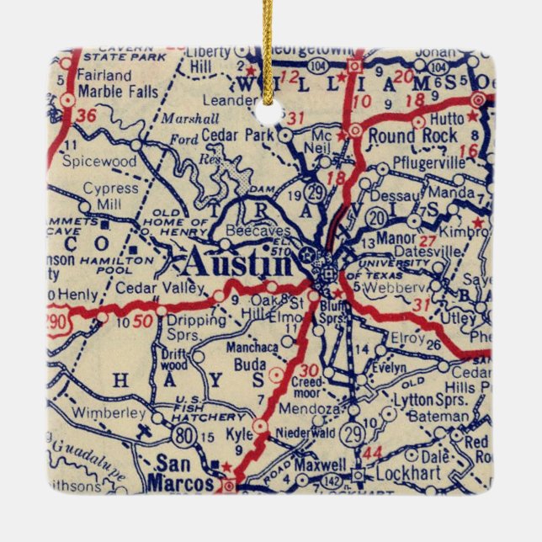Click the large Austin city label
pyautogui.click(x=238, y=263)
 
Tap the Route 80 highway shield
pyautogui.click(x=182, y=434)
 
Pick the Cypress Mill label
pyautogui.click(x=110, y=196)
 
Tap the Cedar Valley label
pyautogui.click(x=160, y=288)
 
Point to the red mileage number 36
pyautogui.click(x=86, y=117)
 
